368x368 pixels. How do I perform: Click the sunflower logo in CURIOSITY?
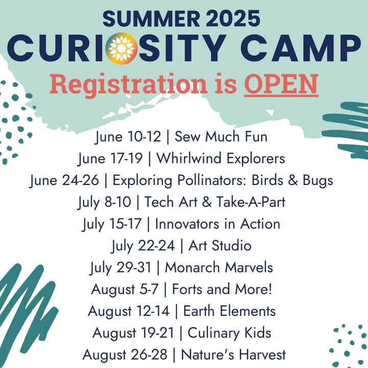(x=121, y=49)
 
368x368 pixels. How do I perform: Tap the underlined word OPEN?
(x=281, y=84)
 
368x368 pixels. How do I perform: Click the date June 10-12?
(x=128, y=136)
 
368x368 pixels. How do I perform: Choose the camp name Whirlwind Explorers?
(x=221, y=158)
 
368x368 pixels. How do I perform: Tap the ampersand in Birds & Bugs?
(x=293, y=180)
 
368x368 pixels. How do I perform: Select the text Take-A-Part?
(x=250, y=202)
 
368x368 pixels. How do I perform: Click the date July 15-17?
(x=112, y=224)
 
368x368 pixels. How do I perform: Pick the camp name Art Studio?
(x=220, y=245)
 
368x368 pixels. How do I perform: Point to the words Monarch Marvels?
(x=219, y=267)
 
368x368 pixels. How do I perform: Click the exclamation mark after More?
(x=270, y=289)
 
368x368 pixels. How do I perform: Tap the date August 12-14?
(x=129, y=311)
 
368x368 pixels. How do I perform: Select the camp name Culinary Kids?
(x=229, y=333)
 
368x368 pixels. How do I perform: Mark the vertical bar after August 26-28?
(x=174, y=355)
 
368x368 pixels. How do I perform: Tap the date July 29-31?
(x=121, y=267)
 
